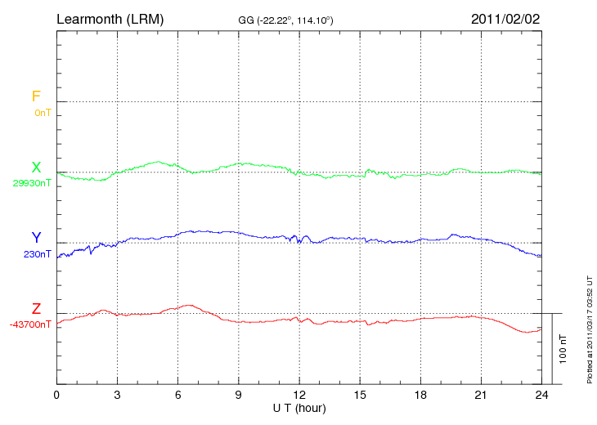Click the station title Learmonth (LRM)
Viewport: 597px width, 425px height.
click(x=110, y=18)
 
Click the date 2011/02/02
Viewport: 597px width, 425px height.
click(x=505, y=18)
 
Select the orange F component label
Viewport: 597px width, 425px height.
click(x=36, y=96)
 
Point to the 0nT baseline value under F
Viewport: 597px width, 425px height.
click(x=43, y=112)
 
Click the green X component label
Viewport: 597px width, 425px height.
click(x=36, y=168)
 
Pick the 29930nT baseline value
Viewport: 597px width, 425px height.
click(x=32, y=183)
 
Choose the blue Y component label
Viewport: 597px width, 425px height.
click(x=36, y=238)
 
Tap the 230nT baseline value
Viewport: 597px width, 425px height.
click(x=38, y=253)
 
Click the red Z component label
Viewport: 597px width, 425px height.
click(x=36, y=309)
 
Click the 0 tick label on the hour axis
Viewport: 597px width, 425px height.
click(x=56, y=396)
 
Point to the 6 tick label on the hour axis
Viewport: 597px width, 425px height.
click(x=178, y=396)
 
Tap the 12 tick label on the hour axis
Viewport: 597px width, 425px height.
click(x=299, y=396)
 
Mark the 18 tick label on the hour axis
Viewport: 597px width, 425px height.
click(x=420, y=396)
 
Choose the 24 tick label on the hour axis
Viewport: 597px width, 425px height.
click(x=541, y=396)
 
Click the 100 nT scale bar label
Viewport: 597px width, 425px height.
click(x=563, y=348)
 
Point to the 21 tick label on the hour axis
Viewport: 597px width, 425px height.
click(x=481, y=396)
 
